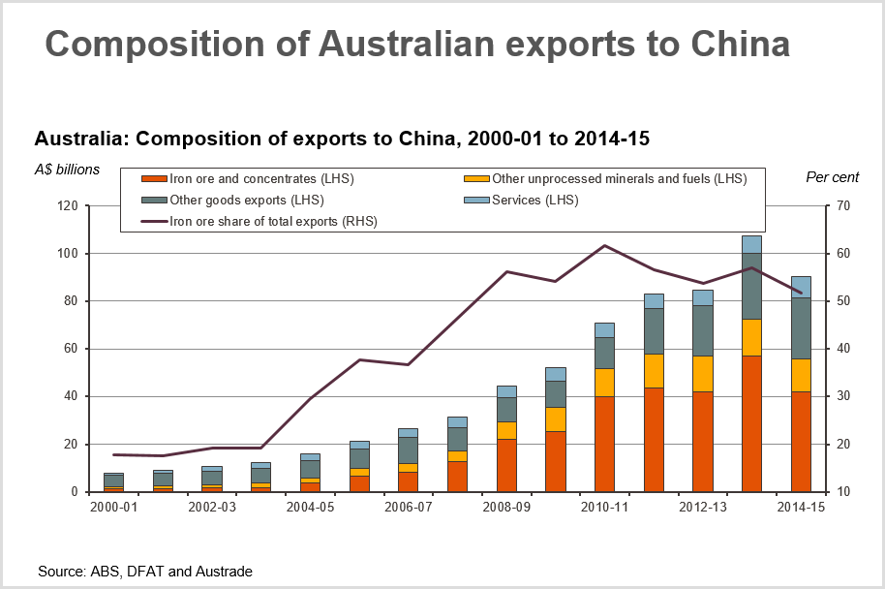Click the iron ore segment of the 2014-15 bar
coord(801,441)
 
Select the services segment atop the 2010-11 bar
coord(605,329)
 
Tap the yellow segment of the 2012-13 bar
coord(703,373)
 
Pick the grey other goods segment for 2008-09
coord(506,409)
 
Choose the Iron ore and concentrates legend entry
coord(241,178)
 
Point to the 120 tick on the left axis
coord(67,206)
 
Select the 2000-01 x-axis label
coord(113,507)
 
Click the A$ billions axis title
coord(67,170)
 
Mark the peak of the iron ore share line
coord(605,245)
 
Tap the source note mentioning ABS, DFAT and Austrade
coord(145,572)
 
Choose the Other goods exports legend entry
coord(246,200)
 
